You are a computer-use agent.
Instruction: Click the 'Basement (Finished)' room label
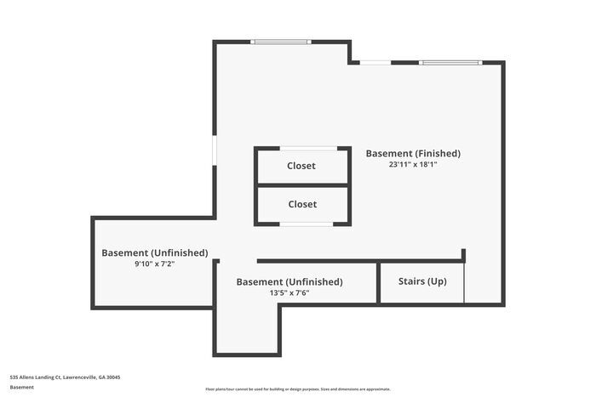[413, 154]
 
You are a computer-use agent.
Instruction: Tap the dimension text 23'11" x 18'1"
[413, 165]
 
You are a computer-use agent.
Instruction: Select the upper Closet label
[301, 166]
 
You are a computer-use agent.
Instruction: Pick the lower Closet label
[301, 204]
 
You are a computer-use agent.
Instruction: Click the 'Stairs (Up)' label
[422, 281]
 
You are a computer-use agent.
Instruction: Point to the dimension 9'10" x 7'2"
[154, 264]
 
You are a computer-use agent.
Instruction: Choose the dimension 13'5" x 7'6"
[289, 292]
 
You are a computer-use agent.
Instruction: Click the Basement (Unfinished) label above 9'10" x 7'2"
[154, 252]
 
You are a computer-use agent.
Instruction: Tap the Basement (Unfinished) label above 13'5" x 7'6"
[289, 281]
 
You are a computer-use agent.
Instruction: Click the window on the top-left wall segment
[280, 41]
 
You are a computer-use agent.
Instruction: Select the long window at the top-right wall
[450, 62]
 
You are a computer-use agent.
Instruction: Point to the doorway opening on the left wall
[215, 153]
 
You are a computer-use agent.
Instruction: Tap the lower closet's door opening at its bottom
[307, 224]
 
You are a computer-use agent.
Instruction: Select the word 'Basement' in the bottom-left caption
[22, 387]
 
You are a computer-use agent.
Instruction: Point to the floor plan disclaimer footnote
[297, 388]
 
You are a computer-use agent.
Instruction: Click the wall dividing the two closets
[302, 184]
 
